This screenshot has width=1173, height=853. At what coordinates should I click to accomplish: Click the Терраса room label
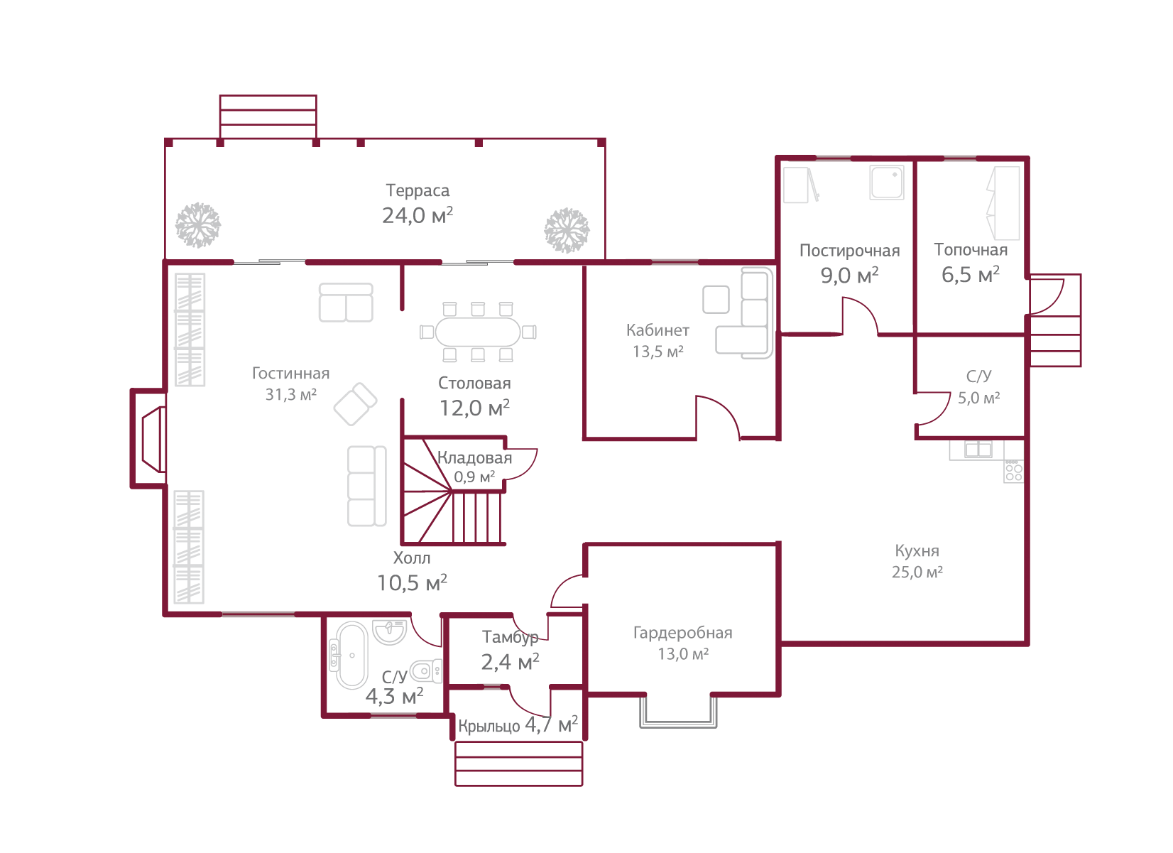[x=418, y=190]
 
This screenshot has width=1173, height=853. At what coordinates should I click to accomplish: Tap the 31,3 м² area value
[x=290, y=395]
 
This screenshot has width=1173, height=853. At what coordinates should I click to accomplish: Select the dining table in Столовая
[x=478, y=331]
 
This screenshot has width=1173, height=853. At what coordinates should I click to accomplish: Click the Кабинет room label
[x=658, y=330]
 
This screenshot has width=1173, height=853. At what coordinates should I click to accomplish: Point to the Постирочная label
[x=849, y=251]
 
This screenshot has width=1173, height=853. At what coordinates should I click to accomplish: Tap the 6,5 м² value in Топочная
[x=970, y=275]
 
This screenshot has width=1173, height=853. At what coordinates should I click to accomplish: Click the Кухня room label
[x=917, y=551]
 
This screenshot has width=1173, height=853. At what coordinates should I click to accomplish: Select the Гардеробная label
[x=682, y=633]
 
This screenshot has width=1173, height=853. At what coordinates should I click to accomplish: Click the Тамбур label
[x=510, y=637]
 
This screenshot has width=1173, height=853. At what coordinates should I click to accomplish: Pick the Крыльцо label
[x=489, y=726]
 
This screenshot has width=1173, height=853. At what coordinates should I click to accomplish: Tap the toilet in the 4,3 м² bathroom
[x=427, y=670]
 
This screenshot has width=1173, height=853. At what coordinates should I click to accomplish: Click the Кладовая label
[x=474, y=458]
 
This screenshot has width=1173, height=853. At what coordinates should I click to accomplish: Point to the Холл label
[x=412, y=558]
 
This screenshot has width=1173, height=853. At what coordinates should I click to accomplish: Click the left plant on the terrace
[x=197, y=225]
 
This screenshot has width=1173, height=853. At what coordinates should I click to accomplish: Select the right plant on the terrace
[x=567, y=229]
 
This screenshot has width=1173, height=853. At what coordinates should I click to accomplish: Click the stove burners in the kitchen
[x=1014, y=472]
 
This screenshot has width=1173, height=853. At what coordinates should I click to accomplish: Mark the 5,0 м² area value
[x=978, y=398]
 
